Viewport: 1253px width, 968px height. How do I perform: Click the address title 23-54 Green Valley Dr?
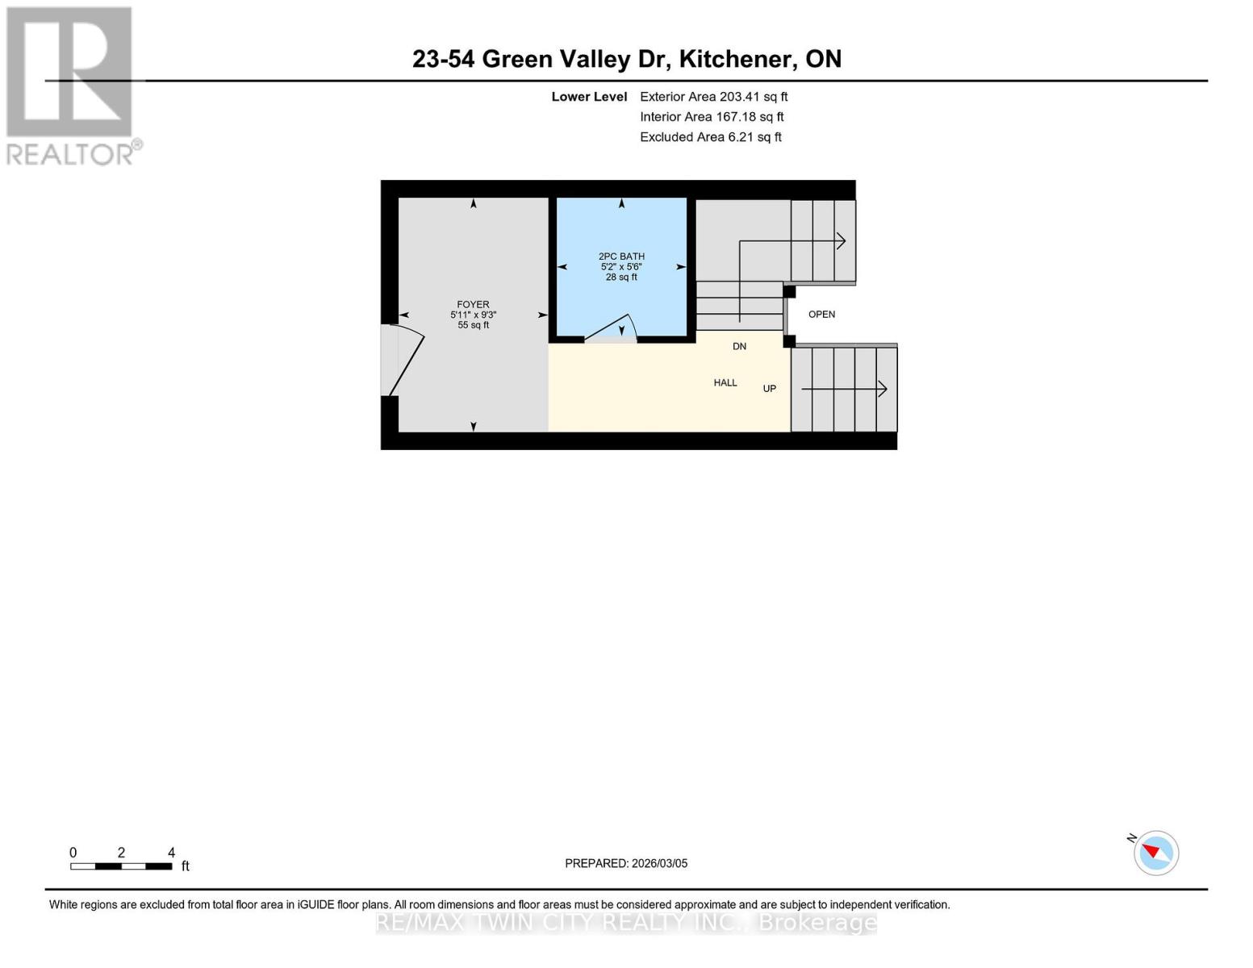tap(626, 59)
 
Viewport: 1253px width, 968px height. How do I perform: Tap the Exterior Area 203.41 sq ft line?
tap(713, 97)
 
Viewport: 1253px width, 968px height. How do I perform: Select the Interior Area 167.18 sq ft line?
tap(712, 117)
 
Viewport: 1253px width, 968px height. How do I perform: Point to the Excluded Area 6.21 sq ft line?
tap(710, 137)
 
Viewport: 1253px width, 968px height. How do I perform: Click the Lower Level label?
tap(589, 97)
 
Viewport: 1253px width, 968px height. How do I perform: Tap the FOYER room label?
tap(473, 305)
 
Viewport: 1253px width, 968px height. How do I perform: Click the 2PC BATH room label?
tap(621, 257)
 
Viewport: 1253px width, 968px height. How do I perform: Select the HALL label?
tap(725, 383)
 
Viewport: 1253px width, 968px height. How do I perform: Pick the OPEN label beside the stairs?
tap(821, 315)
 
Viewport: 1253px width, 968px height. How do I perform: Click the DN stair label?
tap(739, 347)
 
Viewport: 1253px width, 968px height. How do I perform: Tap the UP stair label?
tap(769, 389)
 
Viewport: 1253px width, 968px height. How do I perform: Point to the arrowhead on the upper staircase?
tap(841, 240)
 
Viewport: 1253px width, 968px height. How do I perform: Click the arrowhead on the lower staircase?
tap(883, 389)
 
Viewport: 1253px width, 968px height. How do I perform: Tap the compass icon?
tap(1155, 853)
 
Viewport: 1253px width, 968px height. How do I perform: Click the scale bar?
tap(121, 866)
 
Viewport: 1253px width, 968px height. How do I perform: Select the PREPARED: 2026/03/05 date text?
tap(626, 863)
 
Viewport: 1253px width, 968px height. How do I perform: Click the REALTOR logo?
tap(71, 85)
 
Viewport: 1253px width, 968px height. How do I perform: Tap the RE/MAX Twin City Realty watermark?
tap(626, 922)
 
